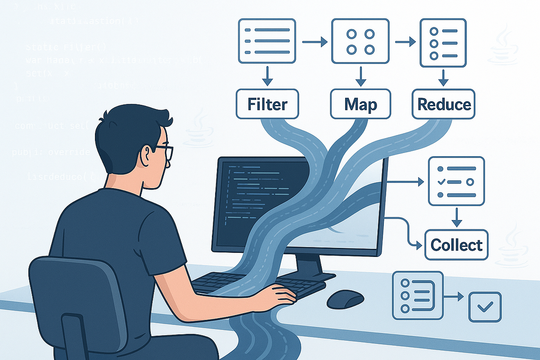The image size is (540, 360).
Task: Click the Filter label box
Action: pos(267,104)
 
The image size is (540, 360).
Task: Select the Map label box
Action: pos(360,104)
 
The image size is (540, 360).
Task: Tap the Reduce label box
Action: pos(444,104)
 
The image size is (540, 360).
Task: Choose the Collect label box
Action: pos(456,245)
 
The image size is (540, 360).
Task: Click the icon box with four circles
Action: pos(360,41)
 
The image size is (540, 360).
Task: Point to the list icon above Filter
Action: pos(266,41)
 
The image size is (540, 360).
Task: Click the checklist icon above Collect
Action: pos(456,181)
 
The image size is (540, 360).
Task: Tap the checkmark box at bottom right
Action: pos(485,307)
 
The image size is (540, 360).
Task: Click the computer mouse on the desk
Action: pos(345,299)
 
